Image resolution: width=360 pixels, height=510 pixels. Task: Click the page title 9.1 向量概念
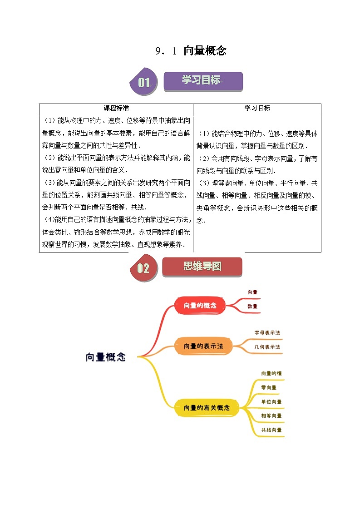coord(190,51)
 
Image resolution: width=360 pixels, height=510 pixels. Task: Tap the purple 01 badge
coord(143,82)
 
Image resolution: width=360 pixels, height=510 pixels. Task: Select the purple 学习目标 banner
coord(202,81)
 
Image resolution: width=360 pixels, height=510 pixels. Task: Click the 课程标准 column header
coord(116,108)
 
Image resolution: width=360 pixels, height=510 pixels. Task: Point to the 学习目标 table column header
coord(257,108)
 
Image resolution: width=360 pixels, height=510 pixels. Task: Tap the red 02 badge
coord(143,268)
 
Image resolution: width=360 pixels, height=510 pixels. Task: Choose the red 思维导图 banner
coord(202,267)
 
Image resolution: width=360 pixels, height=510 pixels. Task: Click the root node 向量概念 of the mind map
coord(105,357)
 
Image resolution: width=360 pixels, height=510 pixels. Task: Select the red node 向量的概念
coord(200,306)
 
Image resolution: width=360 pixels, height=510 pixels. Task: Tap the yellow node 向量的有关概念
coord(207,408)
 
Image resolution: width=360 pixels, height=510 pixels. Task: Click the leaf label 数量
coord(252,306)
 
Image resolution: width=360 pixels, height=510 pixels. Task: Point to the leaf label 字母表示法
coord(267,333)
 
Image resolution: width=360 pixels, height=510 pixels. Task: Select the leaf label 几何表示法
coord(267,347)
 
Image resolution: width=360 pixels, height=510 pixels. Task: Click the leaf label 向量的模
coord(271,373)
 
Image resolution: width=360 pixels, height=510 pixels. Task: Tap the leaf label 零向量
coord(269,388)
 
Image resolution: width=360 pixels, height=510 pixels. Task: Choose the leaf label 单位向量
coord(271,402)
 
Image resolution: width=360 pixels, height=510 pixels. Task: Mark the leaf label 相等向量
coord(271,416)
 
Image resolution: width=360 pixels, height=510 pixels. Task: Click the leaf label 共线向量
coord(271,430)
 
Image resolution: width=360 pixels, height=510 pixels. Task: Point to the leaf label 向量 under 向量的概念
coord(252,292)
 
